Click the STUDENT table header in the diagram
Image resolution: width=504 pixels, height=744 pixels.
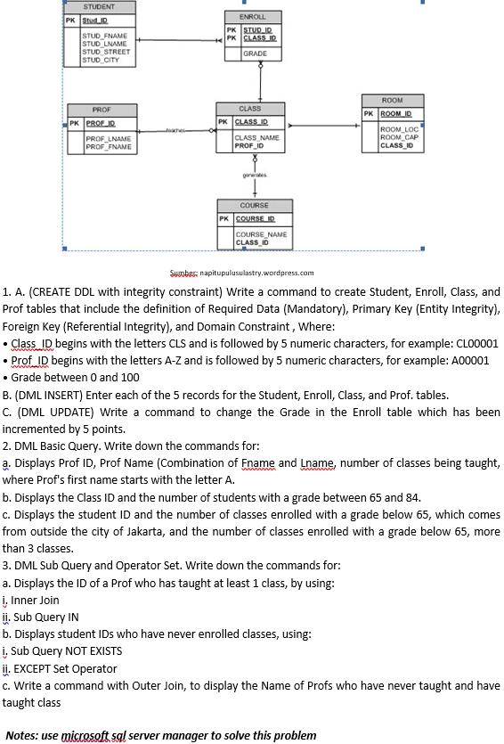[99, 7]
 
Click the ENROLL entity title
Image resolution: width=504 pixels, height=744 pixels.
[253, 17]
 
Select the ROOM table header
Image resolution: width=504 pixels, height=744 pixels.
[392, 101]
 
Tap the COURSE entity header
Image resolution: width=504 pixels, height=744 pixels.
[254, 206]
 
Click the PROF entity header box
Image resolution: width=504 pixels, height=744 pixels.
[102, 110]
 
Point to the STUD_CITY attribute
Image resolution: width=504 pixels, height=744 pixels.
[101, 60]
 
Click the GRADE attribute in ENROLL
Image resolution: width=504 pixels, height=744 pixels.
[255, 53]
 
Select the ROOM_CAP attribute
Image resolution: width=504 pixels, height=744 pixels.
[399, 137]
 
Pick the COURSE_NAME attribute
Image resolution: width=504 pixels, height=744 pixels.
[261, 234]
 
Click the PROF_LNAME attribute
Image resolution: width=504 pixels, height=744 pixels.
[108, 139]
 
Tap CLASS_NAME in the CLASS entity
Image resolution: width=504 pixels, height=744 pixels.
[256, 137]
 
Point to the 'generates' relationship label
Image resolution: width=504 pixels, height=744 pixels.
[254, 176]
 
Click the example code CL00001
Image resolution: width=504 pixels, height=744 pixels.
[474, 343]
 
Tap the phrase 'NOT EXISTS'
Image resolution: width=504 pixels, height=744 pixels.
[92, 651]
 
